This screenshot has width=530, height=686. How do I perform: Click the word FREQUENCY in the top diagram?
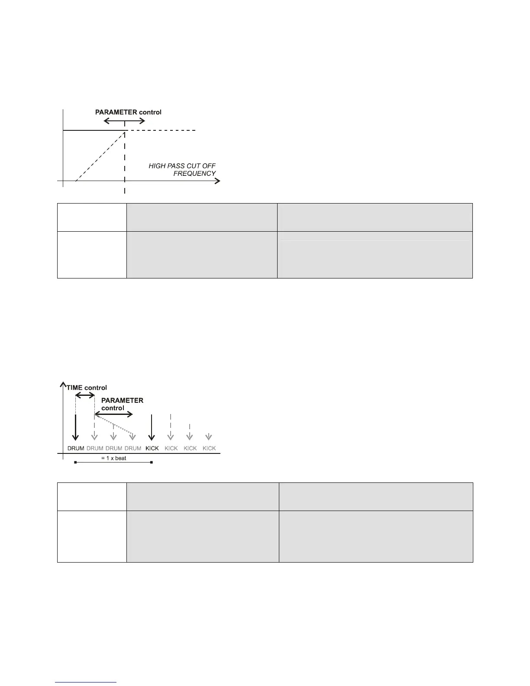click(x=194, y=174)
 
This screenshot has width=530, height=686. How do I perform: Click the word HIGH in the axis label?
click(x=156, y=166)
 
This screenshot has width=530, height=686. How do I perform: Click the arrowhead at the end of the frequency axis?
click(x=217, y=181)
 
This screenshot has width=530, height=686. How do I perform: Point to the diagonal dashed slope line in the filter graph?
click(x=100, y=157)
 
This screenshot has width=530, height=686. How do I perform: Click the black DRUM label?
click(x=76, y=448)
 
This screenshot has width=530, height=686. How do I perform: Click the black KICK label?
click(x=152, y=448)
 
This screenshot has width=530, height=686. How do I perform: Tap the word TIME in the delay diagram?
click(x=74, y=388)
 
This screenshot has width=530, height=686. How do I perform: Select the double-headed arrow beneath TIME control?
click(x=85, y=395)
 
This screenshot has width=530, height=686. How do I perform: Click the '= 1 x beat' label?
click(x=117, y=458)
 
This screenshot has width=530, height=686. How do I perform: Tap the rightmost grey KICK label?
click(x=209, y=448)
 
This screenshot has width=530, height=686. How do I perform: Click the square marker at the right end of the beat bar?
click(x=152, y=463)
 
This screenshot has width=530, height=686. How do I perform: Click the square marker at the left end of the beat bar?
click(x=76, y=463)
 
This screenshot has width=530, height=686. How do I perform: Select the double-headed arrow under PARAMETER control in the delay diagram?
click(x=113, y=414)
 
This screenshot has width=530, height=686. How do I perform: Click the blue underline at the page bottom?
click(x=86, y=683)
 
